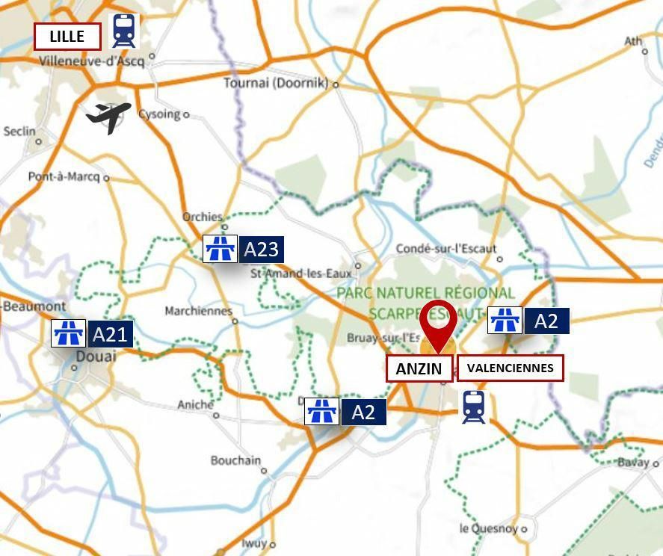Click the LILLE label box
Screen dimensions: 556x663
(67, 37)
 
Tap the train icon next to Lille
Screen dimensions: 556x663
(123, 31)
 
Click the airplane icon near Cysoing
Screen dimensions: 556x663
(109, 117)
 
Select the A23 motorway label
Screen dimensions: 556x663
(261, 249)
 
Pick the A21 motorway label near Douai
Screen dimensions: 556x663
(111, 333)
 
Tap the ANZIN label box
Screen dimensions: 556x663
(419, 368)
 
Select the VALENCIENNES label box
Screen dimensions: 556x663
(510, 368)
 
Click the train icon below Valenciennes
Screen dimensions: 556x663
(473, 407)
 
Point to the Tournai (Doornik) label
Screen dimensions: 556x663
(276, 83)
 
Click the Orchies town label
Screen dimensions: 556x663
(203, 217)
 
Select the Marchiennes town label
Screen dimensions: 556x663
(198, 311)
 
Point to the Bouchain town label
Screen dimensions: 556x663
(235, 460)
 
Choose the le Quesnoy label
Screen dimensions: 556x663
(488, 528)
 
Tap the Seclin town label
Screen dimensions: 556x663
(19, 132)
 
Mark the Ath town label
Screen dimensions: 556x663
(633, 41)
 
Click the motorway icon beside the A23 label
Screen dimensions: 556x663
(220, 249)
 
